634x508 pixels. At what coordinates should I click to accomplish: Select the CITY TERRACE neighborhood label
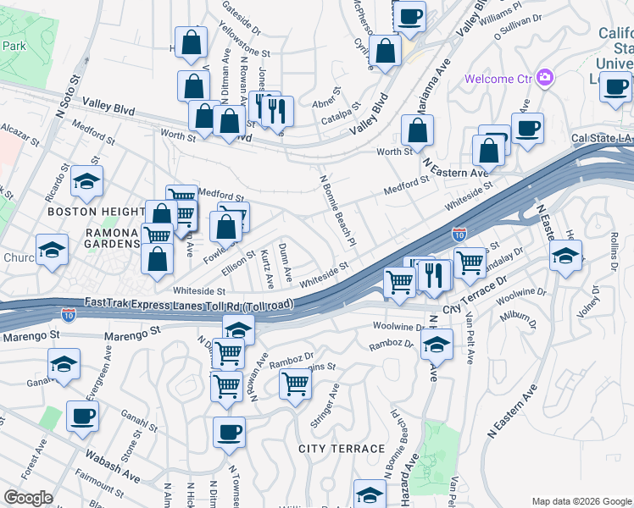(x=341, y=448)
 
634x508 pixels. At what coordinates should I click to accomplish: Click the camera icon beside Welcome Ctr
(x=544, y=79)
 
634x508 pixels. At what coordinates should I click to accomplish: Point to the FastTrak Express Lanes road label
(x=190, y=304)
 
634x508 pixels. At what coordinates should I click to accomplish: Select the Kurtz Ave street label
(x=268, y=268)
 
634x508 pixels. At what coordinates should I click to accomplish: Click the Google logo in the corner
(x=28, y=498)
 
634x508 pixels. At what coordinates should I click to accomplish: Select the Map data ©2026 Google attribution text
(x=581, y=500)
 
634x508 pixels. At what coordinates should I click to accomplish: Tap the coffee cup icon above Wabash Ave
(x=83, y=416)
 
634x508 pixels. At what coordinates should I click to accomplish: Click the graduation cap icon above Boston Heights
(x=86, y=180)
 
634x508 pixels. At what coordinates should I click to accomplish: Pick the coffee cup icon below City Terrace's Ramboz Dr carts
(x=229, y=432)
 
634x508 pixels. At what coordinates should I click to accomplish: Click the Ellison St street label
(x=239, y=259)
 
